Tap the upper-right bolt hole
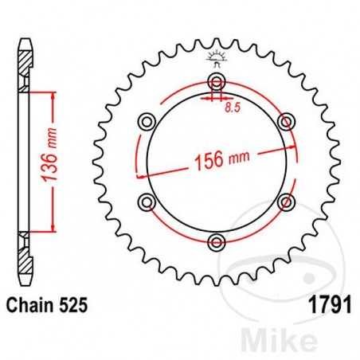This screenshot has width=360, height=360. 284,122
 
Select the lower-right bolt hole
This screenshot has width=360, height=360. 284,201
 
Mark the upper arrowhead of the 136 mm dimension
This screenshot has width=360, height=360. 53,95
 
